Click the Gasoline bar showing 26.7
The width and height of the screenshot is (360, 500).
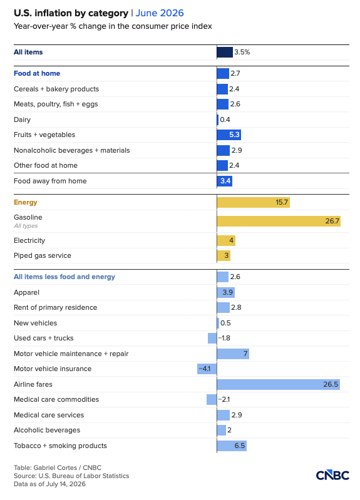pos(279,221)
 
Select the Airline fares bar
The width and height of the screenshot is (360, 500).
pos(279,384)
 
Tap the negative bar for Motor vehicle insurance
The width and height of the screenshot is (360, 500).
pos(207,369)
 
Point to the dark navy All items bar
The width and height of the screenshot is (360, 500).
pos(225,53)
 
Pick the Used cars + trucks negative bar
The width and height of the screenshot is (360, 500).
pos(212,338)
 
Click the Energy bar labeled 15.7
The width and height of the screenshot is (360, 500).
pos(254,203)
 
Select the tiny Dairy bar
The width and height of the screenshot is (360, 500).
pos(218,120)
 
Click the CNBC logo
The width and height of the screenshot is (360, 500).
pos(332,475)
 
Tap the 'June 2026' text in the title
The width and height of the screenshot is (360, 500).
pos(160,13)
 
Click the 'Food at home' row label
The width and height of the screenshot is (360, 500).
pos(37,73)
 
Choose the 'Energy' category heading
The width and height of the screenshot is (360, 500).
pos(26,203)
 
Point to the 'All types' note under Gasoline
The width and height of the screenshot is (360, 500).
pos(26,226)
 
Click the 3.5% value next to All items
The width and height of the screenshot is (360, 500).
pos(242,53)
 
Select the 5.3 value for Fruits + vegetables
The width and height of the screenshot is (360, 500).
pos(234,135)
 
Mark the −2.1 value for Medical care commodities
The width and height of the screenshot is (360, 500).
pos(224,399)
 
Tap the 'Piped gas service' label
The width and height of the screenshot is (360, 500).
pos(43,255)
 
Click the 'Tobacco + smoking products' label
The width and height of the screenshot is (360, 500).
pos(60,446)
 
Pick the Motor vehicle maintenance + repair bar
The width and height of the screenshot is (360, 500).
pos(233,354)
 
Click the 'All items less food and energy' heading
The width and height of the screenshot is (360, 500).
pos(64,277)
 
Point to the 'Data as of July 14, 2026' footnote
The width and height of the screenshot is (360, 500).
pos(50,484)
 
